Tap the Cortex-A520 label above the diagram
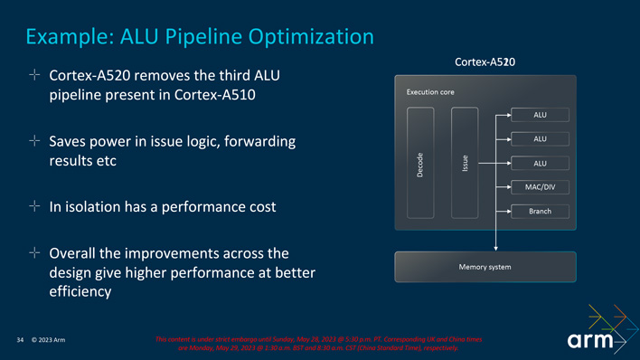[485, 62]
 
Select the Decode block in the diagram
[420, 163]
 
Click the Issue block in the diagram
[464, 163]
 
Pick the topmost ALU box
[540, 114]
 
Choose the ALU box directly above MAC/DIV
[540, 163]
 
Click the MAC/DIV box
[540, 187]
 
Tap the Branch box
[540, 212]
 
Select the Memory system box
[485, 266]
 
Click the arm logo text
[591, 341]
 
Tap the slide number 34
[20, 340]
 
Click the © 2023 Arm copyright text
[47, 340]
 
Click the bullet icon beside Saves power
[34, 142]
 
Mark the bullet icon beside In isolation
[34, 207]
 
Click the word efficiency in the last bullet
[80, 292]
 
